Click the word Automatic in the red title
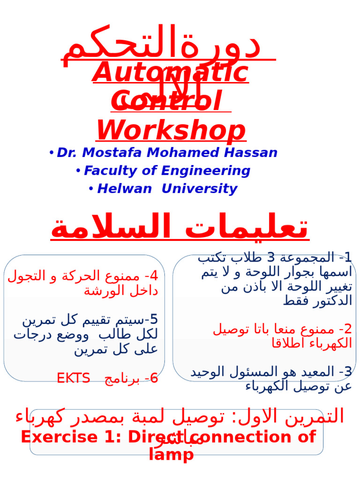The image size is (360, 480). [171, 73]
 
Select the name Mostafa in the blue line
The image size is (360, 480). [117, 153]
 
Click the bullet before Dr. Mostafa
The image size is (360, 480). [51, 153]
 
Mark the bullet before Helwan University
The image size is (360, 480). [91, 189]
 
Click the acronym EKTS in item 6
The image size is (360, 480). [73, 378]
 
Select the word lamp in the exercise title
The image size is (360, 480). [171, 454]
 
